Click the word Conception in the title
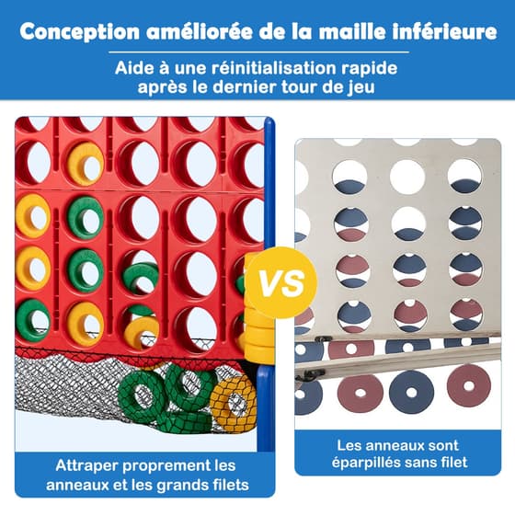(79, 32)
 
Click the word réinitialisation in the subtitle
(273, 68)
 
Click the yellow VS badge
(281, 283)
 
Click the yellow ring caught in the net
(233, 400)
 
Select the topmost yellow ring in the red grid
(86, 164)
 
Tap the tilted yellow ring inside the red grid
(142, 332)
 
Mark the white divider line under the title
(258, 51)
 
